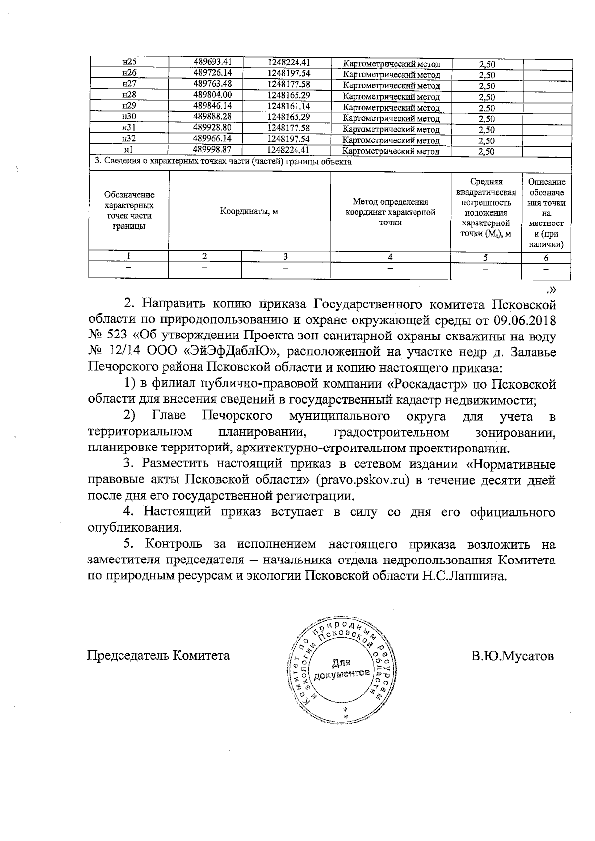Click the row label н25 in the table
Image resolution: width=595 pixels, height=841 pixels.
click(x=129, y=62)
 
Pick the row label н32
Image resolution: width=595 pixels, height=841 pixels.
click(x=129, y=139)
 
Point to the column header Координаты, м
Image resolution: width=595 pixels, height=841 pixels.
click(x=249, y=212)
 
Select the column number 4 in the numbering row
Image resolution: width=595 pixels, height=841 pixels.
click(x=390, y=257)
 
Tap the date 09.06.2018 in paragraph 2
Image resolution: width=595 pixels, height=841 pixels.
click(x=525, y=320)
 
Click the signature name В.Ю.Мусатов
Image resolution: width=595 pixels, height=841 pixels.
click(x=512, y=656)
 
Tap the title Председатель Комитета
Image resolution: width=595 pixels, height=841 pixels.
click(x=159, y=656)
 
